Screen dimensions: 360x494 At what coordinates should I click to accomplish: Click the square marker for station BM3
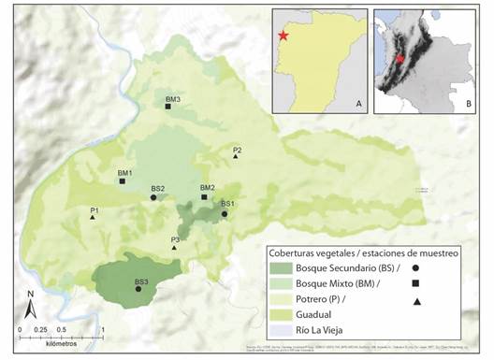[168, 108]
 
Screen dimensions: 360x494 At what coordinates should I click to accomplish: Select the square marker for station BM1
[123, 181]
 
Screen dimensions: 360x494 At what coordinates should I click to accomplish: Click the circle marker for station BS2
[153, 197]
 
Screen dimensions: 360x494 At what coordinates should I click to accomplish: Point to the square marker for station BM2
[205, 197]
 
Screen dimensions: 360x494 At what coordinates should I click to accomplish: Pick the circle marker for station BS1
[225, 213]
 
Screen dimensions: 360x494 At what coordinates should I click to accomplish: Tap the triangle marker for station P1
[93, 218]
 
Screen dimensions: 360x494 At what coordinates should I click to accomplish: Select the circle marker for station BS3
[138, 289]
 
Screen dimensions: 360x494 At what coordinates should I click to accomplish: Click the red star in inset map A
[283, 36]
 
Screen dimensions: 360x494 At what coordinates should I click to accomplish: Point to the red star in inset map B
[400, 58]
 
